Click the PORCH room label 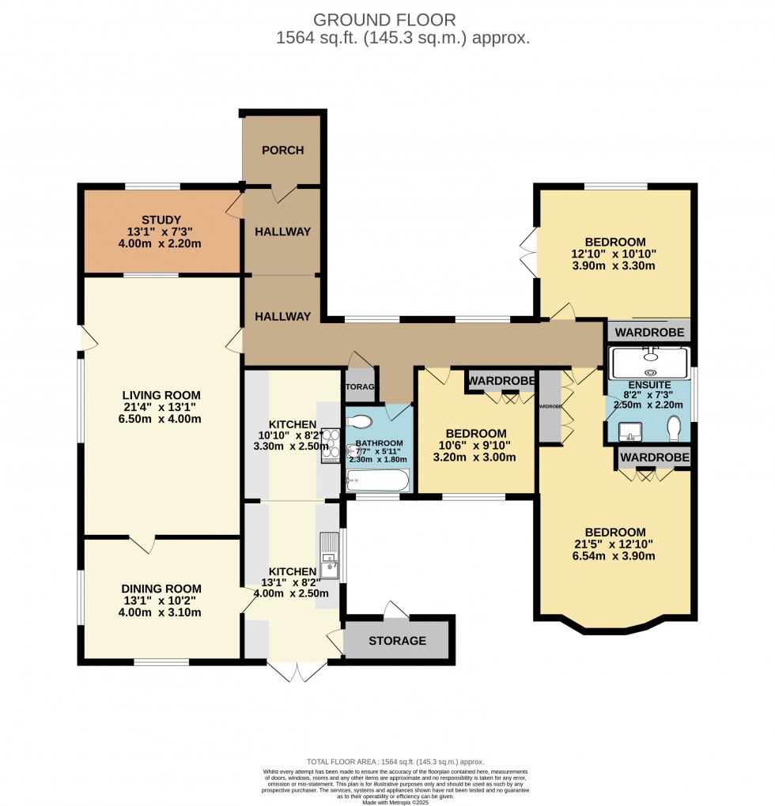282,150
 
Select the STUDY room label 161,220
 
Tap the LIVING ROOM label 161,395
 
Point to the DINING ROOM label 161,589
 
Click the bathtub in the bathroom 378,480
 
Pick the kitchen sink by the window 329,555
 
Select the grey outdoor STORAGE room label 397,641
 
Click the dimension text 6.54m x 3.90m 616,556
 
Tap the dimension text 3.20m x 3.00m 476,458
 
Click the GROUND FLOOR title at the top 384,19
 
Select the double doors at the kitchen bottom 297,671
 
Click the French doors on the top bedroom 528,252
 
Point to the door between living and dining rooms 142,544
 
